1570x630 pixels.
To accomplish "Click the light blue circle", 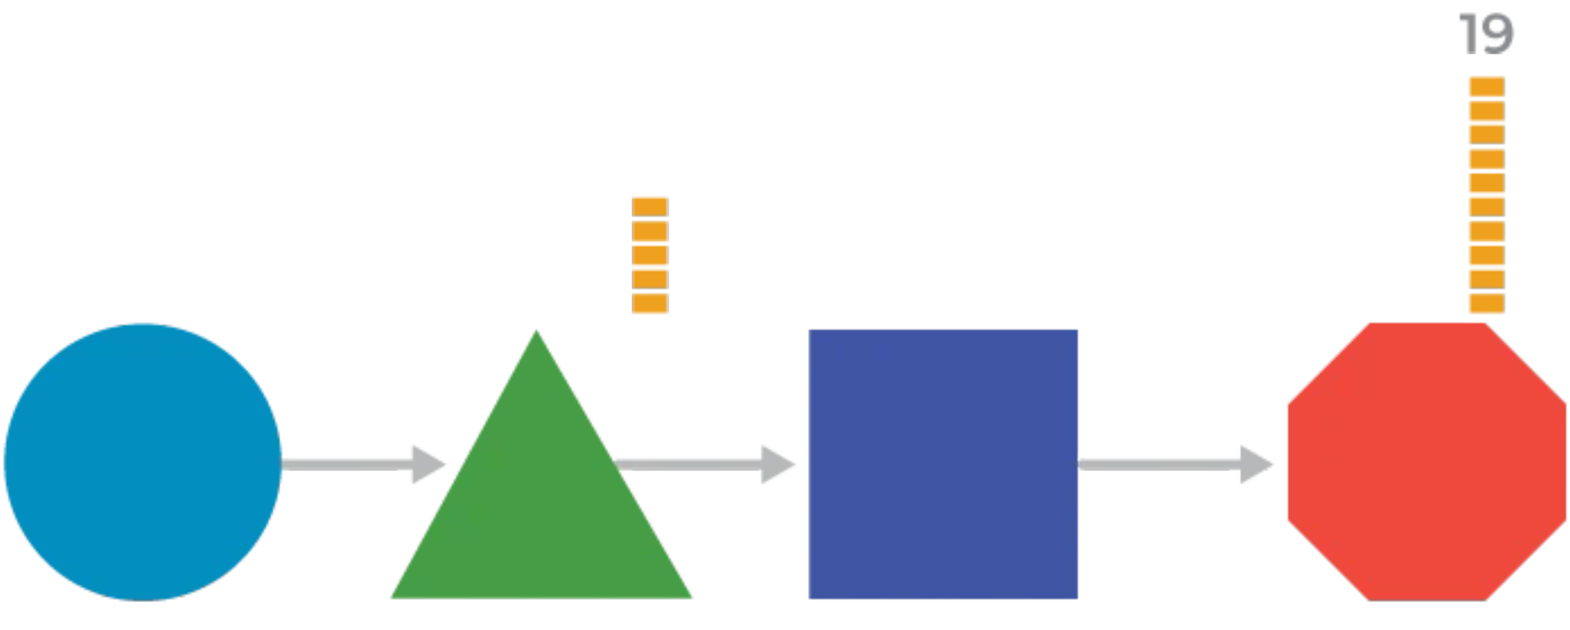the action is [x=142, y=461].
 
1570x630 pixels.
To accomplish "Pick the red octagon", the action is [x=1425, y=460].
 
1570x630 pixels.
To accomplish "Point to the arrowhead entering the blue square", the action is [x=774, y=462].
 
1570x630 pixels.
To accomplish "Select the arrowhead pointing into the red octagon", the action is [x=1248, y=461].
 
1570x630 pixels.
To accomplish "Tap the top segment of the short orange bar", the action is [x=650, y=204].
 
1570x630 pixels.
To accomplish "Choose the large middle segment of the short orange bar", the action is [x=650, y=253].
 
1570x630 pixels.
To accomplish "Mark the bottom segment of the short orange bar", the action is [x=650, y=304].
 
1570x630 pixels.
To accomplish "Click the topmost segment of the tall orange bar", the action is [x=1485, y=108].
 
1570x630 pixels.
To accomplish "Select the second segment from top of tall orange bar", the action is [x=1485, y=181].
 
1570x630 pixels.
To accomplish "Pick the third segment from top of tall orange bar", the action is [x=1485, y=253].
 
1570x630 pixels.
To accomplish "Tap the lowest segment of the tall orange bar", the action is [x=1485, y=304].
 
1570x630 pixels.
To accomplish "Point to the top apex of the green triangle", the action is [x=536, y=332].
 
